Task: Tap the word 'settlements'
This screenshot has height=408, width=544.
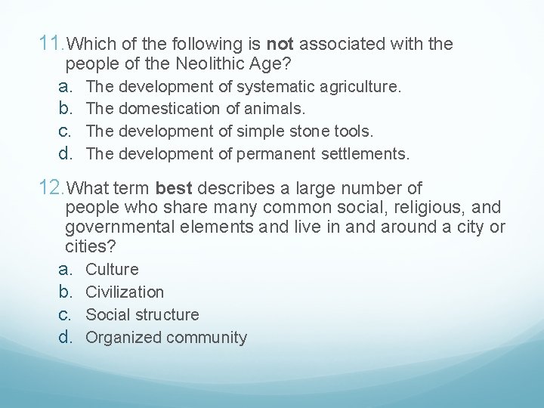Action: click(365, 155)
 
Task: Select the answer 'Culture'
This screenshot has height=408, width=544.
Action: click(112, 270)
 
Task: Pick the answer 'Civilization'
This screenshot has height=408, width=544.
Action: click(125, 292)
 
